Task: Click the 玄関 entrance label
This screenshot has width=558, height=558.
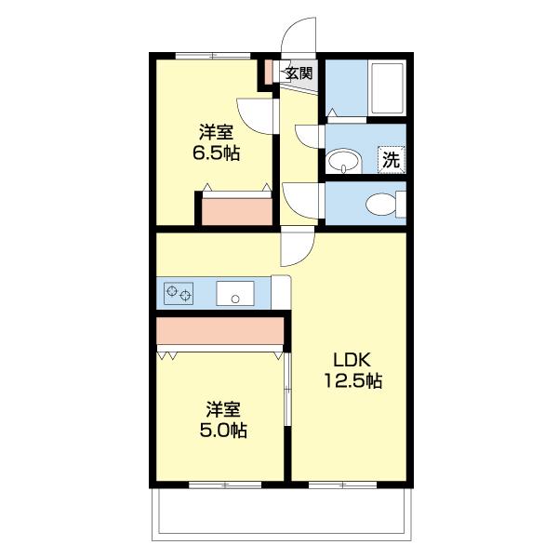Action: tap(299, 73)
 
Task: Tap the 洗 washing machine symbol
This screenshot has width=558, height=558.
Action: tap(392, 160)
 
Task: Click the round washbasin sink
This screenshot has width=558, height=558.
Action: tap(344, 162)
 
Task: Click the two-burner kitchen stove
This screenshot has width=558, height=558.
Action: tap(179, 293)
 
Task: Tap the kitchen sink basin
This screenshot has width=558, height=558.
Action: tap(235, 293)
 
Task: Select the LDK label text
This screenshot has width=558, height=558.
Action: tap(352, 361)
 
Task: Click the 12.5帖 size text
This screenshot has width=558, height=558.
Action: tap(352, 381)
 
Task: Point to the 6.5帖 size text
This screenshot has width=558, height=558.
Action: tap(216, 153)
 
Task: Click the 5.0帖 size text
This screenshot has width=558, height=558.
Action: tap(223, 431)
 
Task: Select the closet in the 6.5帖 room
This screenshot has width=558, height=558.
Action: tap(237, 212)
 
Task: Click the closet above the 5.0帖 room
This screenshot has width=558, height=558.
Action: tap(219, 331)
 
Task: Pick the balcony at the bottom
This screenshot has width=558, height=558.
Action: tap(282, 514)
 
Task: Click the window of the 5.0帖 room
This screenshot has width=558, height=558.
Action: tap(225, 485)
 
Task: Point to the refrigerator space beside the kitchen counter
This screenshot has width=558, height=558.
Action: tap(281, 292)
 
